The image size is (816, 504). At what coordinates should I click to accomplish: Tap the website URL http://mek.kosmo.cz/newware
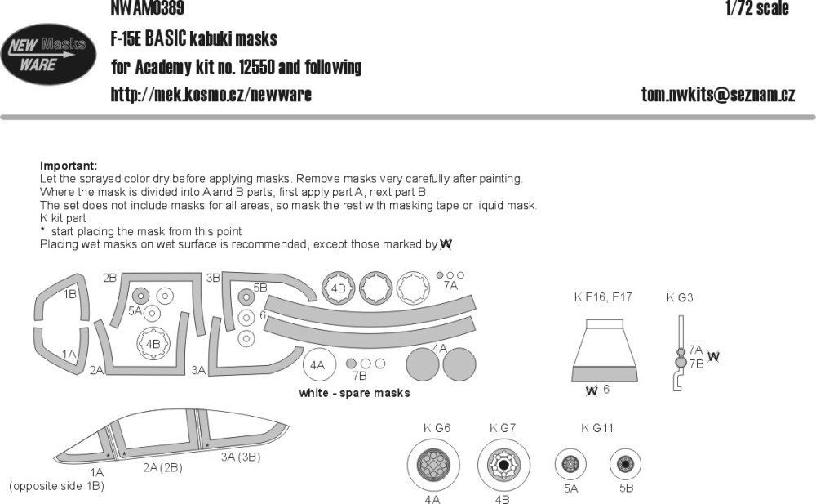pyautogui.click(x=211, y=95)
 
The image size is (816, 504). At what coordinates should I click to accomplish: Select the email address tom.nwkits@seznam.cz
pyautogui.click(x=718, y=95)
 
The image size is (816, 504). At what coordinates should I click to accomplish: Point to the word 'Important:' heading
pyautogui.click(x=68, y=165)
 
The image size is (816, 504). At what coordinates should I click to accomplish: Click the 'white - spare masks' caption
pyautogui.click(x=354, y=393)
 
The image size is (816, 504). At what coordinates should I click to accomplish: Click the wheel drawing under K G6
pyautogui.click(x=432, y=466)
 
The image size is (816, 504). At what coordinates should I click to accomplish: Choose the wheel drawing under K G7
pyautogui.click(x=502, y=466)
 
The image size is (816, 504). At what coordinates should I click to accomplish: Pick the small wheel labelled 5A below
pyautogui.click(x=570, y=466)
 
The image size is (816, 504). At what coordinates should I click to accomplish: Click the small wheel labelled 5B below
pyautogui.click(x=625, y=466)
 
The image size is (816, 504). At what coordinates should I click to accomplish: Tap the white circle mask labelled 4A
pyautogui.click(x=319, y=364)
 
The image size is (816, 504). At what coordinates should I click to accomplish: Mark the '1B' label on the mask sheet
pyautogui.click(x=70, y=294)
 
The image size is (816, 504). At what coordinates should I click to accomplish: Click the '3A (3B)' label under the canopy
pyautogui.click(x=240, y=457)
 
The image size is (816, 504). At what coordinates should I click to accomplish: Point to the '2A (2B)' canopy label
pyautogui.click(x=162, y=467)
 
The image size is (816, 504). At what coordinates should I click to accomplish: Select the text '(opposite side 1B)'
pyautogui.click(x=56, y=486)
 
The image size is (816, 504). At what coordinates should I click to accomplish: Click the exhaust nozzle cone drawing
pyautogui.click(x=605, y=353)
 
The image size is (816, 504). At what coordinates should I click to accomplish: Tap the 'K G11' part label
pyautogui.click(x=596, y=428)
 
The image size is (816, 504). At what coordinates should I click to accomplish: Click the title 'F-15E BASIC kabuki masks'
pyautogui.click(x=193, y=38)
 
